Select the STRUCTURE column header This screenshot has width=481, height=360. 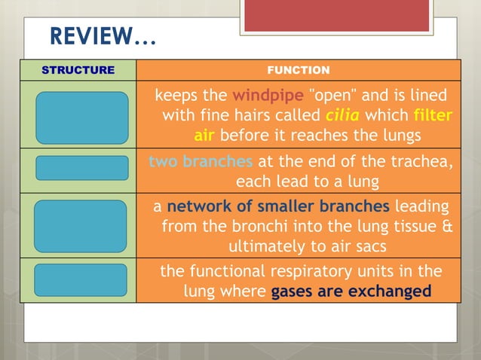coord(78,70)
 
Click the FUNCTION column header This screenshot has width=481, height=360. coord(299,70)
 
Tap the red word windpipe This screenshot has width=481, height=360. coord(268,96)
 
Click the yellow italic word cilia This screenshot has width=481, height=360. coord(343,116)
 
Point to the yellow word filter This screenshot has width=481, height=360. coord(433,116)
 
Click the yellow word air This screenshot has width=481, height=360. coord(204,136)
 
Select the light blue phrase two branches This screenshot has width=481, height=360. coord(201,162)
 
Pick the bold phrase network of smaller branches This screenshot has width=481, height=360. coord(278,206)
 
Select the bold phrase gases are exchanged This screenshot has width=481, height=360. coord(351,291)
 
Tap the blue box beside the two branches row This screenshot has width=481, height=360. coord(81,168)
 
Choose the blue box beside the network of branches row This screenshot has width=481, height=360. coord(81,226)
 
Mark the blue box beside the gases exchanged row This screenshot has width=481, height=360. coord(81,280)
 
